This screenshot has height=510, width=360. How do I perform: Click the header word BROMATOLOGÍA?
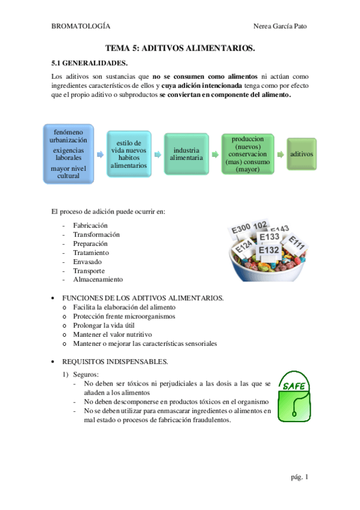(81, 26)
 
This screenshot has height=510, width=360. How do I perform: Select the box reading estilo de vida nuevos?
(128, 155)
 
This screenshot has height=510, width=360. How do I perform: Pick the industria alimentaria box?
(186, 155)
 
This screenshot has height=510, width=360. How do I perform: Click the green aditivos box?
(301, 155)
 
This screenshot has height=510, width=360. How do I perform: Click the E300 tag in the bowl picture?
(241, 229)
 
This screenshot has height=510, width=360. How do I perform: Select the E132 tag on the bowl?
(269, 250)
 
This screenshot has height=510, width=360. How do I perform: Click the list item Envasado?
(87, 262)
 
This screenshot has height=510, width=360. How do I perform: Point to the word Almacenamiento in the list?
(98, 280)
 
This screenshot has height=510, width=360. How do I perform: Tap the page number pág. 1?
(299, 477)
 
